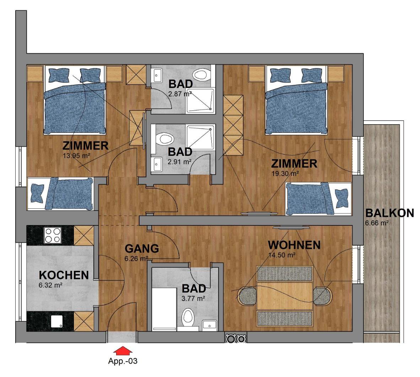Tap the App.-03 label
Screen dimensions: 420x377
pos(123,361)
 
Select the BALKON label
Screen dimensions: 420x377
pos(390,213)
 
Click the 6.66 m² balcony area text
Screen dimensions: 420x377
pos(377,223)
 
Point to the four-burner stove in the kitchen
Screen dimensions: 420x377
pos(53,235)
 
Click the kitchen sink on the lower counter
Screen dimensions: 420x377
pos(56,321)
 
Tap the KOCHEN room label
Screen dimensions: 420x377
pos(64,275)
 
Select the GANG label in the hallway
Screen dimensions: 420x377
pos(142,248)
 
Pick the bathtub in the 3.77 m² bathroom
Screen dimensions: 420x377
pos(164,309)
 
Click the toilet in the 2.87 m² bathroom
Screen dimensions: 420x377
pos(202,75)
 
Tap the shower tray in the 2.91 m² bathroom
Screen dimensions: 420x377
pos(200,137)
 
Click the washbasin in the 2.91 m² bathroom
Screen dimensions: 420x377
pos(157,164)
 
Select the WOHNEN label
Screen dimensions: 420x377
pos(294,245)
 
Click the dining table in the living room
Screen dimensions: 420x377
pos(285,296)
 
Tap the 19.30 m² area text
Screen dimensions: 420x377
pos(285,173)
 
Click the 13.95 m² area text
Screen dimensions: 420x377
pos(76,155)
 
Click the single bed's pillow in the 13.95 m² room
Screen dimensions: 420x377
pos(38,193)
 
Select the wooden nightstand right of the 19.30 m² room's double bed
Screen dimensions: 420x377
pos(336,73)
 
